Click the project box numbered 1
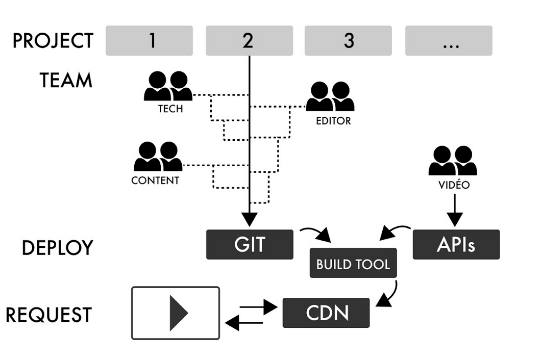click(149, 41)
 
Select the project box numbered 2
click(249, 41)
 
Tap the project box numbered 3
click(348, 41)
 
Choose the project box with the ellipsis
click(449, 41)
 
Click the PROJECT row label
click(53, 41)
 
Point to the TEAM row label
click(66, 81)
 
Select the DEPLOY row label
click(57, 248)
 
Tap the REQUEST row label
click(49, 315)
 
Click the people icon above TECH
click(168, 86)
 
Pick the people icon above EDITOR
click(330, 97)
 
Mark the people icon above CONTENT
click(158, 157)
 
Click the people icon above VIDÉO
click(453, 161)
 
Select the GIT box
click(250, 245)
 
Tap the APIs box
click(456, 245)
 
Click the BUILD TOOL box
click(353, 264)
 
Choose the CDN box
click(326, 313)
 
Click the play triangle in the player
click(177, 313)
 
